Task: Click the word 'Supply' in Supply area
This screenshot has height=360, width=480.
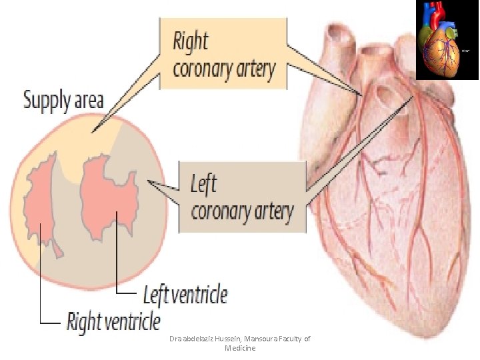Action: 47,101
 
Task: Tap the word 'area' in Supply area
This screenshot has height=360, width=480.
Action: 89,101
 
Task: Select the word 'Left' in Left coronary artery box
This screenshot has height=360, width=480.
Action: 203,183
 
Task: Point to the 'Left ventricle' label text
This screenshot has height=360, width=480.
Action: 185,295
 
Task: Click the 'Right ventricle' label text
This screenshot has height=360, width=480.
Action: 113,322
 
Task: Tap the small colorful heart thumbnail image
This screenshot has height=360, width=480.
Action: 447,39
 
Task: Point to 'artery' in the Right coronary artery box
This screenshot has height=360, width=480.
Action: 255,70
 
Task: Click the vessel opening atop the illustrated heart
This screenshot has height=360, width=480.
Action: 385,95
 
